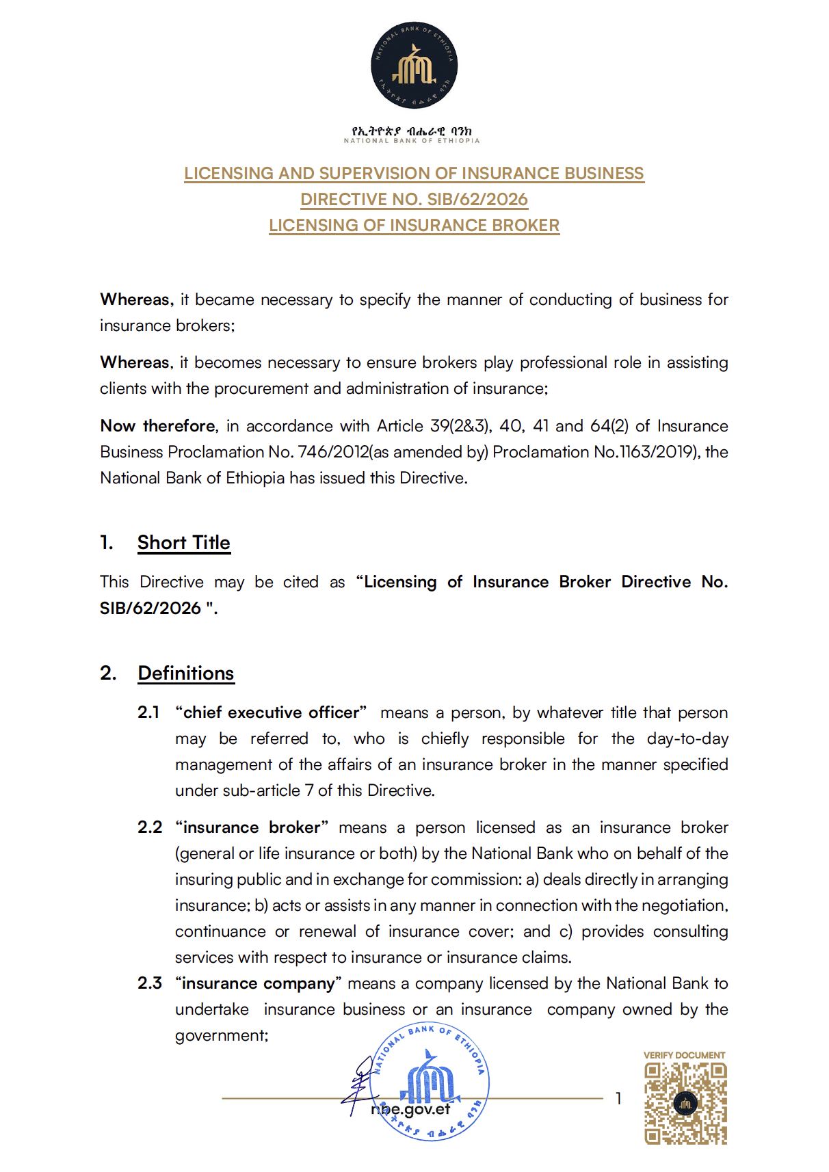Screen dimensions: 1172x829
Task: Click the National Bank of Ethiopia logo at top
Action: (x=414, y=65)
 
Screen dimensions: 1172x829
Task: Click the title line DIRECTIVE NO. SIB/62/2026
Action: (x=414, y=199)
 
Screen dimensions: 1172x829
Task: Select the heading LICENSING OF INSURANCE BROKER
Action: (x=414, y=225)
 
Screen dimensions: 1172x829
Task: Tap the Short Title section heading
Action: (x=183, y=542)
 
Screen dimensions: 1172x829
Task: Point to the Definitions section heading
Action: (x=185, y=673)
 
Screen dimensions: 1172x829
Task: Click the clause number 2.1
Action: (x=148, y=712)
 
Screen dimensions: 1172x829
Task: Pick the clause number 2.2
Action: (x=150, y=827)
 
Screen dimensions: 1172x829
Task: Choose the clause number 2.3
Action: (x=150, y=983)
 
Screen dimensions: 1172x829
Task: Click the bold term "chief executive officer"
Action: (x=271, y=712)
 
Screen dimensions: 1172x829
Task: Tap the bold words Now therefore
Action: (x=158, y=426)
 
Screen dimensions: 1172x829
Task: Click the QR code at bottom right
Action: (x=685, y=1103)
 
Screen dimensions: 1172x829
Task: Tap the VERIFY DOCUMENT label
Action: (x=684, y=1055)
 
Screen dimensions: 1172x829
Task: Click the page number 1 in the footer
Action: (x=618, y=1098)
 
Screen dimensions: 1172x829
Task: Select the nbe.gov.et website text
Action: (x=410, y=1109)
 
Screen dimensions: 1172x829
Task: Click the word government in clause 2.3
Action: (x=221, y=1035)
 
